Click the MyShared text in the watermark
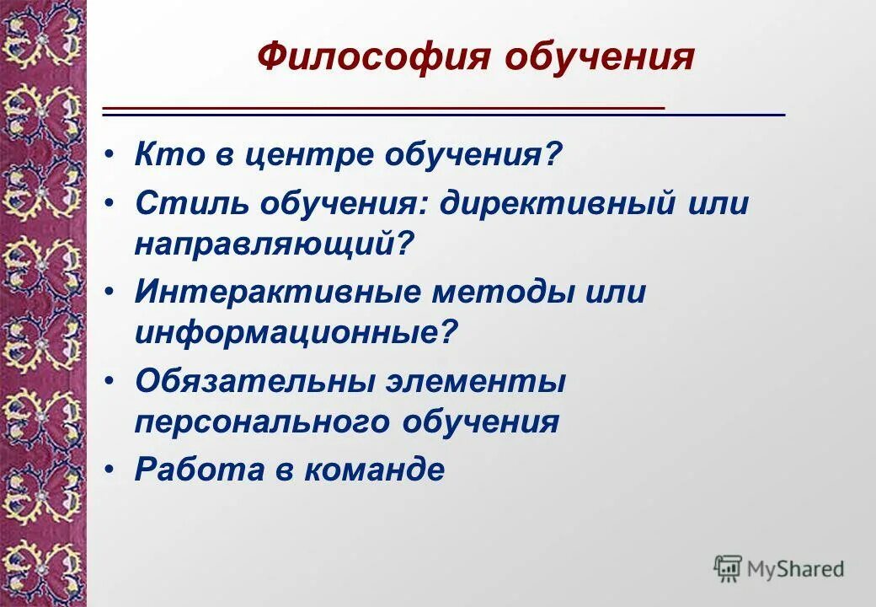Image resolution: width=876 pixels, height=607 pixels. pos(795,569)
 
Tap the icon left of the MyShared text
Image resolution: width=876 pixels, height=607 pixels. pos(727,568)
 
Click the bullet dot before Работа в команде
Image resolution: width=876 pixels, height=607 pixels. pos(112,470)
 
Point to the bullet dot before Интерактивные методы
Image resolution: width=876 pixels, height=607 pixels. pos(112,293)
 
